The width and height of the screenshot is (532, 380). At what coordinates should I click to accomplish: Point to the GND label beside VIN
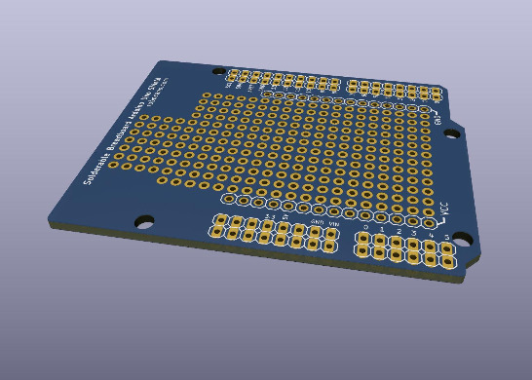point(316,222)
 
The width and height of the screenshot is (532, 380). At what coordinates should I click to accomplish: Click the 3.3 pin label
point(270,216)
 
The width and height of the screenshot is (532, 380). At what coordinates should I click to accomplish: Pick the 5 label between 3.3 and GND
point(285,218)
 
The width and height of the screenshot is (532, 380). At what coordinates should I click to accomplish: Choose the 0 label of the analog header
point(365,227)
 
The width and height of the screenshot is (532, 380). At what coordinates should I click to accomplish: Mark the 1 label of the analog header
point(382,230)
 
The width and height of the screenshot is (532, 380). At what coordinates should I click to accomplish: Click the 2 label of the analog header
point(398,232)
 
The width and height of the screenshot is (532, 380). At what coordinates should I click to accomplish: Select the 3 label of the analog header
point(414,234)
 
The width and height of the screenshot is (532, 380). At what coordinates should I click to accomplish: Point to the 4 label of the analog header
point(431,236)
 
